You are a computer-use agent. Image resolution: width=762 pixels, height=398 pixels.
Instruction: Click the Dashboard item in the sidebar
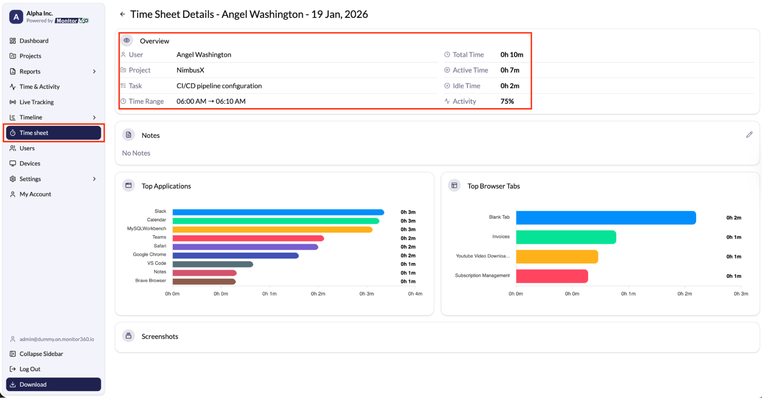[34, 41]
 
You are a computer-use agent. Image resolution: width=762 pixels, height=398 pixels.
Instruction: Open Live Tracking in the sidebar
[37, 102]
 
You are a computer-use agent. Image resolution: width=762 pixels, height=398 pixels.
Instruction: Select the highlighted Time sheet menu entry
[53, 133]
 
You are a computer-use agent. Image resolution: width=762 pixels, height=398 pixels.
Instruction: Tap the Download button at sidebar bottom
[53, 384]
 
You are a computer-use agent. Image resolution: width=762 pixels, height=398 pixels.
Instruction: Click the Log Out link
[30, 369]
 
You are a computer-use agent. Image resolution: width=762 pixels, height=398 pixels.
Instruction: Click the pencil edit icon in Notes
[749, 135]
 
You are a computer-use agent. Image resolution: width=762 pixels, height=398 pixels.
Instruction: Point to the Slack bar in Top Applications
[278, 212]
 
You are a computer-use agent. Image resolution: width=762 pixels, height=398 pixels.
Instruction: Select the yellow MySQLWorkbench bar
[273, 229]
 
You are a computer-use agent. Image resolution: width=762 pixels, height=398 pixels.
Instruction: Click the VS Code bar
[213, 264]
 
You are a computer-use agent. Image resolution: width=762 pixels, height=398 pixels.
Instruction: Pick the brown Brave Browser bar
[204, 281]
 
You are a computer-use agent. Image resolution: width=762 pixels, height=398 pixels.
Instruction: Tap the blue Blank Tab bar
[606, 218]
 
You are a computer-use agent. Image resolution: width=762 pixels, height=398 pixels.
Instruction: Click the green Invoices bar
[566, 237]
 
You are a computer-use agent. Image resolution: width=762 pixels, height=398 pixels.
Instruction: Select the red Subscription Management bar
[552, 276]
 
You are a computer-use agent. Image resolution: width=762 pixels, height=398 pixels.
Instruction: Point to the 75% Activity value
[507, 101]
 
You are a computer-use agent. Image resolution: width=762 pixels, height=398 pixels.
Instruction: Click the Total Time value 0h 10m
[512, 55]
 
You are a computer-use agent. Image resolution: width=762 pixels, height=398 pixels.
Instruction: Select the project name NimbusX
[190, 70]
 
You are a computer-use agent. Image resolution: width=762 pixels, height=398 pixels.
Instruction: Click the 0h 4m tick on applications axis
[415, 294]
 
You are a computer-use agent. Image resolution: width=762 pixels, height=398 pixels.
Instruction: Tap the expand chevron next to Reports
[94, 72]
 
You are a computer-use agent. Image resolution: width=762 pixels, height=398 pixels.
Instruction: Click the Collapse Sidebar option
[41, 354]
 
